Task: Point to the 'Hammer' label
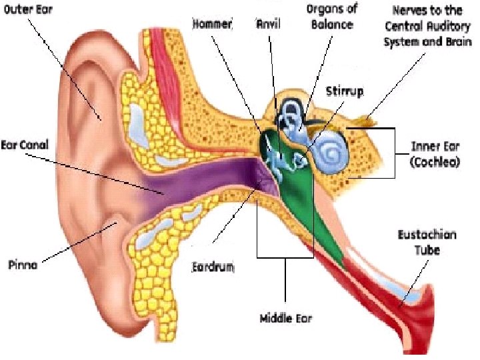[211, 23]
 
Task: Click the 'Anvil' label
[269, 23]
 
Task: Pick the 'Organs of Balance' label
[333, 17]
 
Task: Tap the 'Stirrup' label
[345, 92]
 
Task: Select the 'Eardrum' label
[213, 267]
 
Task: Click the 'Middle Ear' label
[285, 319]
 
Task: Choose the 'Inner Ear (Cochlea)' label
[435, 154]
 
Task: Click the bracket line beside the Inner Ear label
[395, 153]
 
